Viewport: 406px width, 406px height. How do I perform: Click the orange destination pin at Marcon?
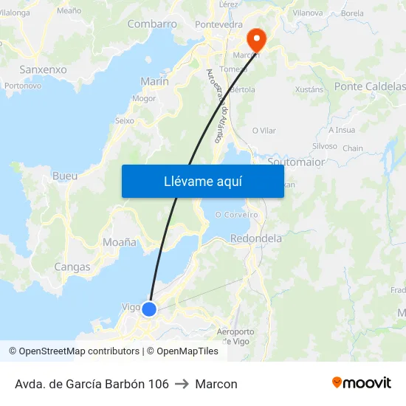[x=255, y=38]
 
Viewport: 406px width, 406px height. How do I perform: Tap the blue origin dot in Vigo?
[x=149, y=309]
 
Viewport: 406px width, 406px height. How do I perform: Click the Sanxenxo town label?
[x=43, y=69]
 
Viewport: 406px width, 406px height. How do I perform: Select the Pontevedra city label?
[x=219, y=24]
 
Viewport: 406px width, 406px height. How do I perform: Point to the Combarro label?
[x=152, y=24]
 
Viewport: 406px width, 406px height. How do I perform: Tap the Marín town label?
[x=154, y=81]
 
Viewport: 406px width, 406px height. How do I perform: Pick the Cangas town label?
[x=72, y=266]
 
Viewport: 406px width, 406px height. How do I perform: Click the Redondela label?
[x=256, y=238]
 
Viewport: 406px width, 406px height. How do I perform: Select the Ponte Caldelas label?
[x=370, y=86]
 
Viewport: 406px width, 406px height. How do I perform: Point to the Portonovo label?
[x=23, y=86]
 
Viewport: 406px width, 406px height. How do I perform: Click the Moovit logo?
[x=361, y=383]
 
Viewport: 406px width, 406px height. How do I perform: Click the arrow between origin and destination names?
[x=182, y=384]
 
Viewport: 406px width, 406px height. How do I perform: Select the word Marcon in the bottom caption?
[x=216, y=384]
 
